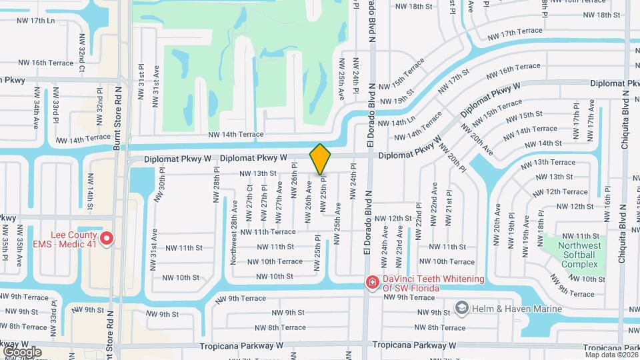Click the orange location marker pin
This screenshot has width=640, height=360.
pos(321,159)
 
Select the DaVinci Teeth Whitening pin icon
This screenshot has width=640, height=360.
pos(371,283)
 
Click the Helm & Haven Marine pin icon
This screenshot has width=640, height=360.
pos(461,307)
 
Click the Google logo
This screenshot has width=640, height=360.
pos(22,351)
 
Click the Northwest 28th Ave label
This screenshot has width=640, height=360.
pos(234,241)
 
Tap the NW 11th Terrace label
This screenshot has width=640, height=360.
pos(268,232)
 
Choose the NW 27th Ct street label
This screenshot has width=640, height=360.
pos(249,197)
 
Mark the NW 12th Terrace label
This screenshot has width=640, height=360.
pos(557,192)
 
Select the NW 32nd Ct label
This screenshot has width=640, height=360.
pos(83,51)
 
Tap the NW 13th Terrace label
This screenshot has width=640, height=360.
pos(547,162)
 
